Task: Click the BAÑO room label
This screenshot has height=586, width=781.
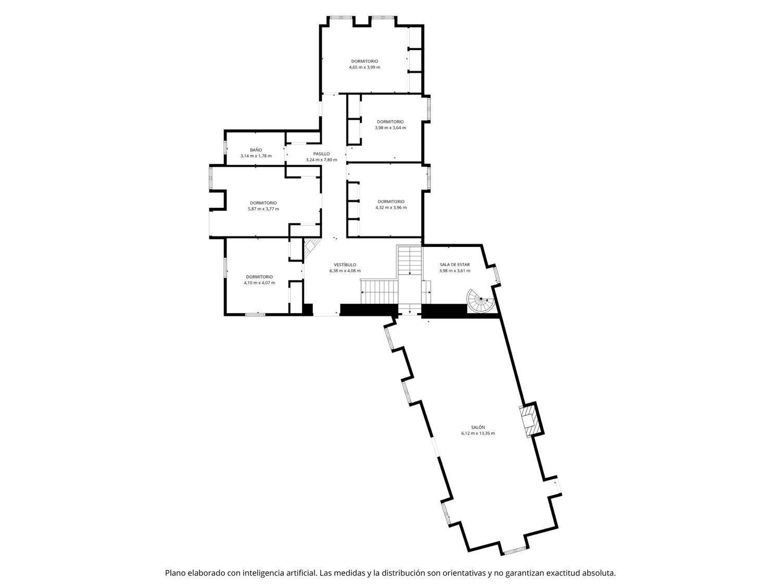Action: (x=256, y=150)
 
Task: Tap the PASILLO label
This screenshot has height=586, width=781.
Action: (x=321, y=154)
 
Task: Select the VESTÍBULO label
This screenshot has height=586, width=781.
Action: (x=345, y=265)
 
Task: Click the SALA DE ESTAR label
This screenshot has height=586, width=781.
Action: (x=455, y=265)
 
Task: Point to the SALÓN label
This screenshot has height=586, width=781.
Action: (x=478, y=427)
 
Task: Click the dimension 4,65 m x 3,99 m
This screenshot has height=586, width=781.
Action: (x=364, y=67)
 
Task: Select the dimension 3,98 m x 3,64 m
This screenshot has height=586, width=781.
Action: (x=391, y=128)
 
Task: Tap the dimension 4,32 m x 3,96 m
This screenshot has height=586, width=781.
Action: (x=391, y=207)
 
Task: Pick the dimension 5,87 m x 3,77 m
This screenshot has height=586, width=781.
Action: (x=263, y=209)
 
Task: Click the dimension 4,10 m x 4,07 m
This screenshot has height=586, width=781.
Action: (x=259, y=283)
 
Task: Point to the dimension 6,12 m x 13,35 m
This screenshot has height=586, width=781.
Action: (x=478, y=433)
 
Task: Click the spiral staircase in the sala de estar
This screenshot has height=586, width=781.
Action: (x=481, y=301)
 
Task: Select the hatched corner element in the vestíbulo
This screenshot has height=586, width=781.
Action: (x=311, y=248)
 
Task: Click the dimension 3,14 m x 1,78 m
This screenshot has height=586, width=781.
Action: (x=256, y=156)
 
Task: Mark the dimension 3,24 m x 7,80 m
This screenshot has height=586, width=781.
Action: (x=321, y=160)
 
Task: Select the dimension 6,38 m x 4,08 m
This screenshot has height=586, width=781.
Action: (x=345, y=271)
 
